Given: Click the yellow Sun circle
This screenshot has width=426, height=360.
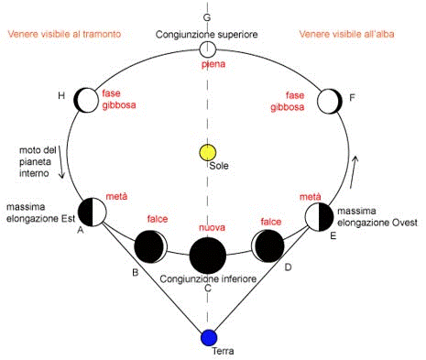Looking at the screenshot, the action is pyautogui.click(x=208, y=153).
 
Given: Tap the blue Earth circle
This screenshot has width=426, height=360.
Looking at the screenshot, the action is pyautogui.click(x=209, y=338).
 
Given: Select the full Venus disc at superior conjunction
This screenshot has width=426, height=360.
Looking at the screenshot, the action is pyautogui.click(x=208, y=49).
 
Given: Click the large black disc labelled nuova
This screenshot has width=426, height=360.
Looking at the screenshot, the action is pyautogui.click(x=208, y=256).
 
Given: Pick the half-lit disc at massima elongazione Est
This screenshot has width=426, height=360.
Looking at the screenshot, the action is pyautogui.click(x=93, y=212).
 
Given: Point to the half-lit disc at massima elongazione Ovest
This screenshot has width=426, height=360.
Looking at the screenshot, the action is pyautogui.click(x=319, y=217).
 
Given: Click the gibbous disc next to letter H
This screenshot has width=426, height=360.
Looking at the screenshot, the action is pyautogui.click(x=86, y=100).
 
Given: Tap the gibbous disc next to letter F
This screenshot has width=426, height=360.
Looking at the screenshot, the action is pyautogui.click(x=330, y=102).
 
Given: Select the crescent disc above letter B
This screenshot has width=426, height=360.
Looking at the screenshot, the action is pyautogui.click(x=150, y=246).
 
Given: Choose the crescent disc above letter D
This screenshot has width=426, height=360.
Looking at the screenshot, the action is pyautogui.click(x=268, y=246).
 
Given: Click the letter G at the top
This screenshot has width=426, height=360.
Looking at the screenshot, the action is pyautogui.click(x=207, y=17).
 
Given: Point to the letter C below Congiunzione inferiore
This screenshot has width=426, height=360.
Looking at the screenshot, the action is pyautogui.click(x=208, y=288).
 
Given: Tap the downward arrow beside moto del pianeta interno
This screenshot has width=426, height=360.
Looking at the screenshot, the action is pyautogui.click(x=61, y=162).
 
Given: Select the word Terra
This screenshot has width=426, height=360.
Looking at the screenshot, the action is pyautogui.click(x=223, y=351).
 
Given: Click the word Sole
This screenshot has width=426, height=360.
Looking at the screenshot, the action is pyautogui.click(x=219, y=166).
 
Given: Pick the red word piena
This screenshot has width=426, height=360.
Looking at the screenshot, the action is pyautogui.click(x=213, y=64).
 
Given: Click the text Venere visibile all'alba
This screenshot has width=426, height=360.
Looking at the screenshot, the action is pyautogui.click(x=346, y=34).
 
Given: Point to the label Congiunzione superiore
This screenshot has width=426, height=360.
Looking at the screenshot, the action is pyautogui.click(x=207, y=35).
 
